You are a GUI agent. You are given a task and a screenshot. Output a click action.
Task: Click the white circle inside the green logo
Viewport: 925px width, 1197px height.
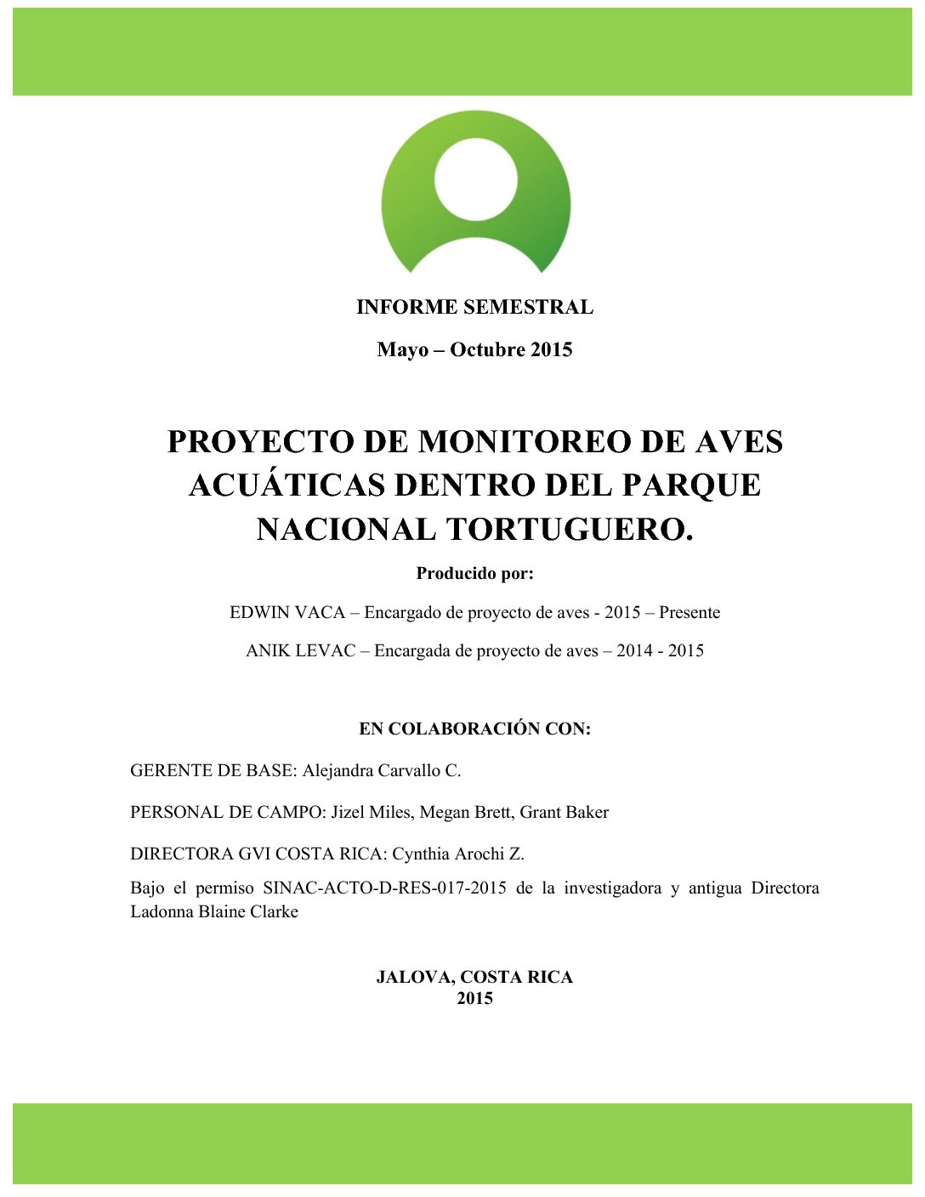tap(475, 179)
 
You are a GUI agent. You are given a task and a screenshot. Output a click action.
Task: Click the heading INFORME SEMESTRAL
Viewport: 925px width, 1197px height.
tap(474, 307)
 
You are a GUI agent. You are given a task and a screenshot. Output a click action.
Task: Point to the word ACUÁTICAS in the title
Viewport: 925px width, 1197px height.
tap(286, 485)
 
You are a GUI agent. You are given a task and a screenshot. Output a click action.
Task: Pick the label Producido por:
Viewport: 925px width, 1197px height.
tap(474, 574)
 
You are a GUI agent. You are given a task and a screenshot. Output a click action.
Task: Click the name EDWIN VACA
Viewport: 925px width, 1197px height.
tap(287, 613)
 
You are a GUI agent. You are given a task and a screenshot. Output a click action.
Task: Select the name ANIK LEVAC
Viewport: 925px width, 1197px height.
tap(300, 651)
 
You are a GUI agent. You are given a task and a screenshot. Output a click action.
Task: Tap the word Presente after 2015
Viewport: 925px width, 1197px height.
tap(689, 613)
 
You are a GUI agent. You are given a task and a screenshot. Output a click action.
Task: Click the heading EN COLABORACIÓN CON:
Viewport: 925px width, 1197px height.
tap(474, 729)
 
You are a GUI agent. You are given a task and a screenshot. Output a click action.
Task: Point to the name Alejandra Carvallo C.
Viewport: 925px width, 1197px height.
tap(382, 771)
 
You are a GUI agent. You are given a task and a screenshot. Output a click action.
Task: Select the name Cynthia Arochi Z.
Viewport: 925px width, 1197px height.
tap(458, 854)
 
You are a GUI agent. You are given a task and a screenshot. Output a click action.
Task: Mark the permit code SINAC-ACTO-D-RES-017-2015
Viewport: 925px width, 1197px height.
tap(384, 888)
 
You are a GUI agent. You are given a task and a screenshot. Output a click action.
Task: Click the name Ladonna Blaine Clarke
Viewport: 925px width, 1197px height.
tap(214, 912)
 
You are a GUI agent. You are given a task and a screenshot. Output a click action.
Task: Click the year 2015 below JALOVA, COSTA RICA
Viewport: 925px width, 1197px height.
tap(474, 999)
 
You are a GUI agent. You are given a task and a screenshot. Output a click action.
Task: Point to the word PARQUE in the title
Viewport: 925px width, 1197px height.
tap(691, 485)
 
